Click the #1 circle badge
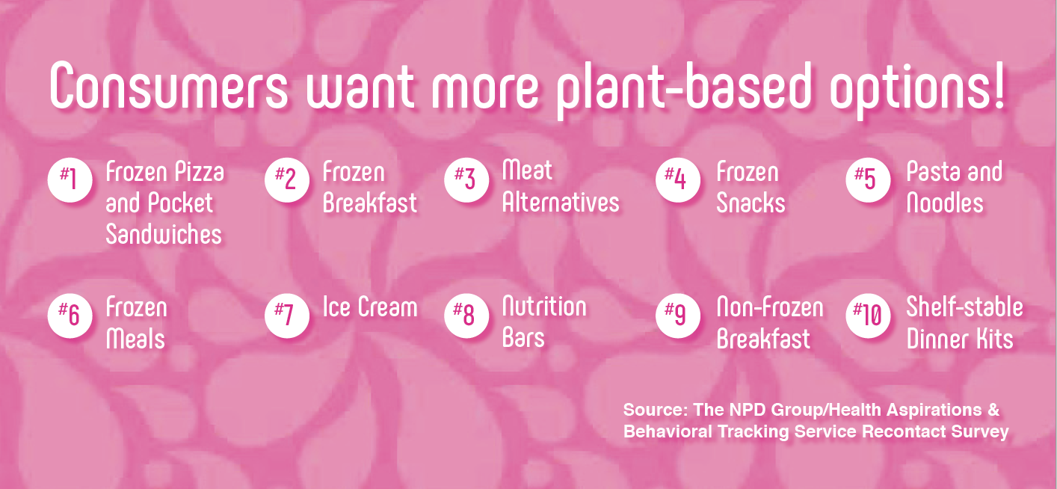tap(70, 180)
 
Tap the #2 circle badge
tap(287, 180)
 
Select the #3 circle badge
tap(466, 180)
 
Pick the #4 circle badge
tap(677, 180)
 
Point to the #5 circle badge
tap(868, 180)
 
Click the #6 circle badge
tap(70, 316)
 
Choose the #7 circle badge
tap(287, 316)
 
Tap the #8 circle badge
tap(466, 316)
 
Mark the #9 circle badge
tap(677, 316)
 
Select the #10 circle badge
tap(868, 316)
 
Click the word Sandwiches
tap(164, 234)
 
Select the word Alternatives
tap(561, 203)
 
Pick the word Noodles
tap(945, 203)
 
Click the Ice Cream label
tap(370, 307)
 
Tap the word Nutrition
tap(544, 307)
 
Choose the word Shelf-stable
tap(964, 307)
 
